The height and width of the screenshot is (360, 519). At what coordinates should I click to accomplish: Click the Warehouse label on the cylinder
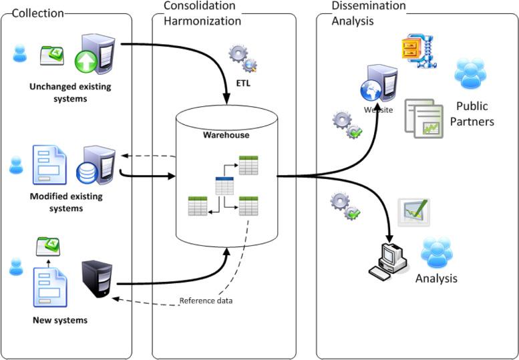point(226,135)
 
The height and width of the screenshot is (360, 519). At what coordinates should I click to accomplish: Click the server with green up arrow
point(95,53)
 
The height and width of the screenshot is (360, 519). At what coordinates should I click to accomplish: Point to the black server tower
point(96,279)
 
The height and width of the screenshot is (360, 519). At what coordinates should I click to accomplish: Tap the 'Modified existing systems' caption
point(65,202)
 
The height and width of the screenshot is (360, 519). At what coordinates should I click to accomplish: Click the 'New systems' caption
point(60,321)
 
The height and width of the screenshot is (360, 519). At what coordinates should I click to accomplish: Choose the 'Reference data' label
point(206,301)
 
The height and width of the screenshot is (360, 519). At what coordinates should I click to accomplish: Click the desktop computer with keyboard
point(389,260)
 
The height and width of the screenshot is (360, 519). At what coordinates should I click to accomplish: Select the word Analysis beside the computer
point(436,278)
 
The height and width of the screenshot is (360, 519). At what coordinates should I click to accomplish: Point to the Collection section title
point(37,13)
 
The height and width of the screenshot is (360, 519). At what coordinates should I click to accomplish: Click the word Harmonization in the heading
point(202,21)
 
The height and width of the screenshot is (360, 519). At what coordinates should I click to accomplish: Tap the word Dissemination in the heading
point(368,6)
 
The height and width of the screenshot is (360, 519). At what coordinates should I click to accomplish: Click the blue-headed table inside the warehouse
point(224,186)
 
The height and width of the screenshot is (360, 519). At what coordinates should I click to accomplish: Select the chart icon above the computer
point(413,212)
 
